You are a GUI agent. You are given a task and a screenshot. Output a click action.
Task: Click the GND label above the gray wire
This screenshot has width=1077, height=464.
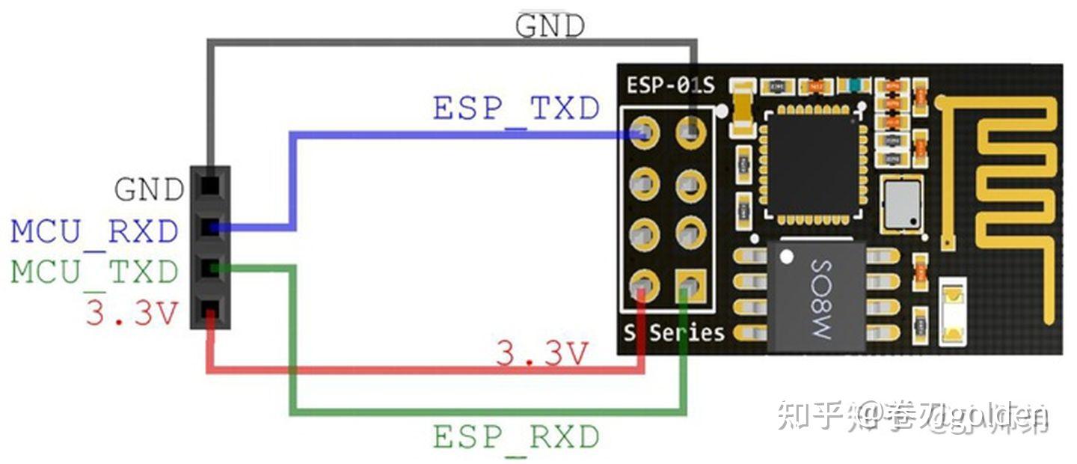click(549, 26)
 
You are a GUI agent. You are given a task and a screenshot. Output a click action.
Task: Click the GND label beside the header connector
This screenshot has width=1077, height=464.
click(149, 190)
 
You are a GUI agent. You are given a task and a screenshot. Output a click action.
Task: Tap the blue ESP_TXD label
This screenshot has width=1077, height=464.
click(516, 109)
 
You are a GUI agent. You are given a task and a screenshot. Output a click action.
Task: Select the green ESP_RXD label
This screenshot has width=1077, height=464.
click(516, 437)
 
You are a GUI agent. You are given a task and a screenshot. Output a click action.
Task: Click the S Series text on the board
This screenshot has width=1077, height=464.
click(675, 332)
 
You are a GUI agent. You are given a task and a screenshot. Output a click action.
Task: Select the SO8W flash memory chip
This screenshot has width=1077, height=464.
click(817, 296)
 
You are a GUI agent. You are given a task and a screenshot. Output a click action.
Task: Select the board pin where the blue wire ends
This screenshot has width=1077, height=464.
click(644, 134)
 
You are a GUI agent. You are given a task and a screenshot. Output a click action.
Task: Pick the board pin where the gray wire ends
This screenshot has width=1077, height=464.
click(690, 134)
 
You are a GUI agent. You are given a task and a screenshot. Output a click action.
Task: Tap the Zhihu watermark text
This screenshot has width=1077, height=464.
click(912, 416)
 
